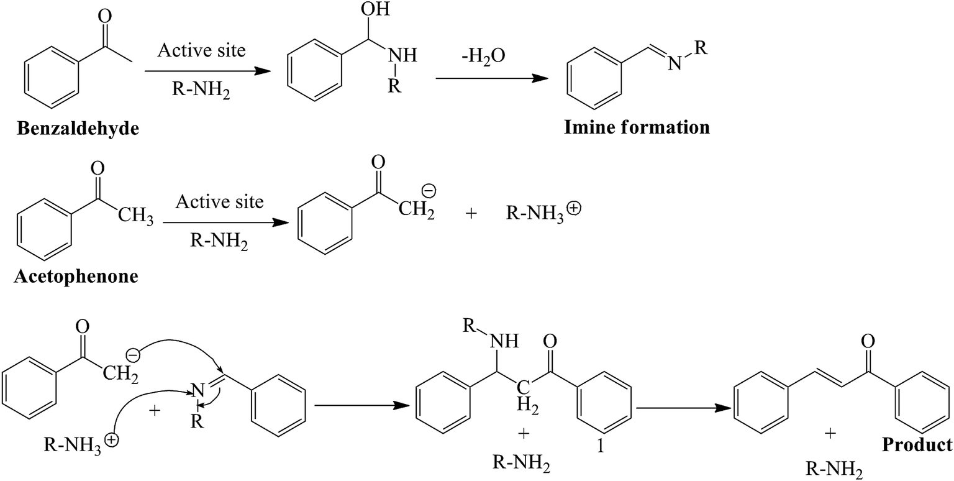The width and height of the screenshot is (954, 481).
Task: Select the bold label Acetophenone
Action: pyautogui.click(x=76, y=276)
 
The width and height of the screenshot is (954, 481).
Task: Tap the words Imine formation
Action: pyautogui.click(x=637, y=127)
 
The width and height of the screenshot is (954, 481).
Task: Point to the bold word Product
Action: pyautogui.click(x=916, y=444)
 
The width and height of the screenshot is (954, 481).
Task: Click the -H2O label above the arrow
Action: pyautogui.click(x=484, y=56)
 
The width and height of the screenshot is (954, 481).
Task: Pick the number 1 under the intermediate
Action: pyautogui.click(x=599, y=446)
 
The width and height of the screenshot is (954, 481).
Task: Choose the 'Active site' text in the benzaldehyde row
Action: pyautogui.click(x=201, y=50)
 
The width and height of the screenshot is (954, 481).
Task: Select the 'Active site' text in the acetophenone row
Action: pyautogui.click(x=219, y=201)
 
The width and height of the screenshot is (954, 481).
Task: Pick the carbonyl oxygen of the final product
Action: pyautogui.click(x=869, y=341)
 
